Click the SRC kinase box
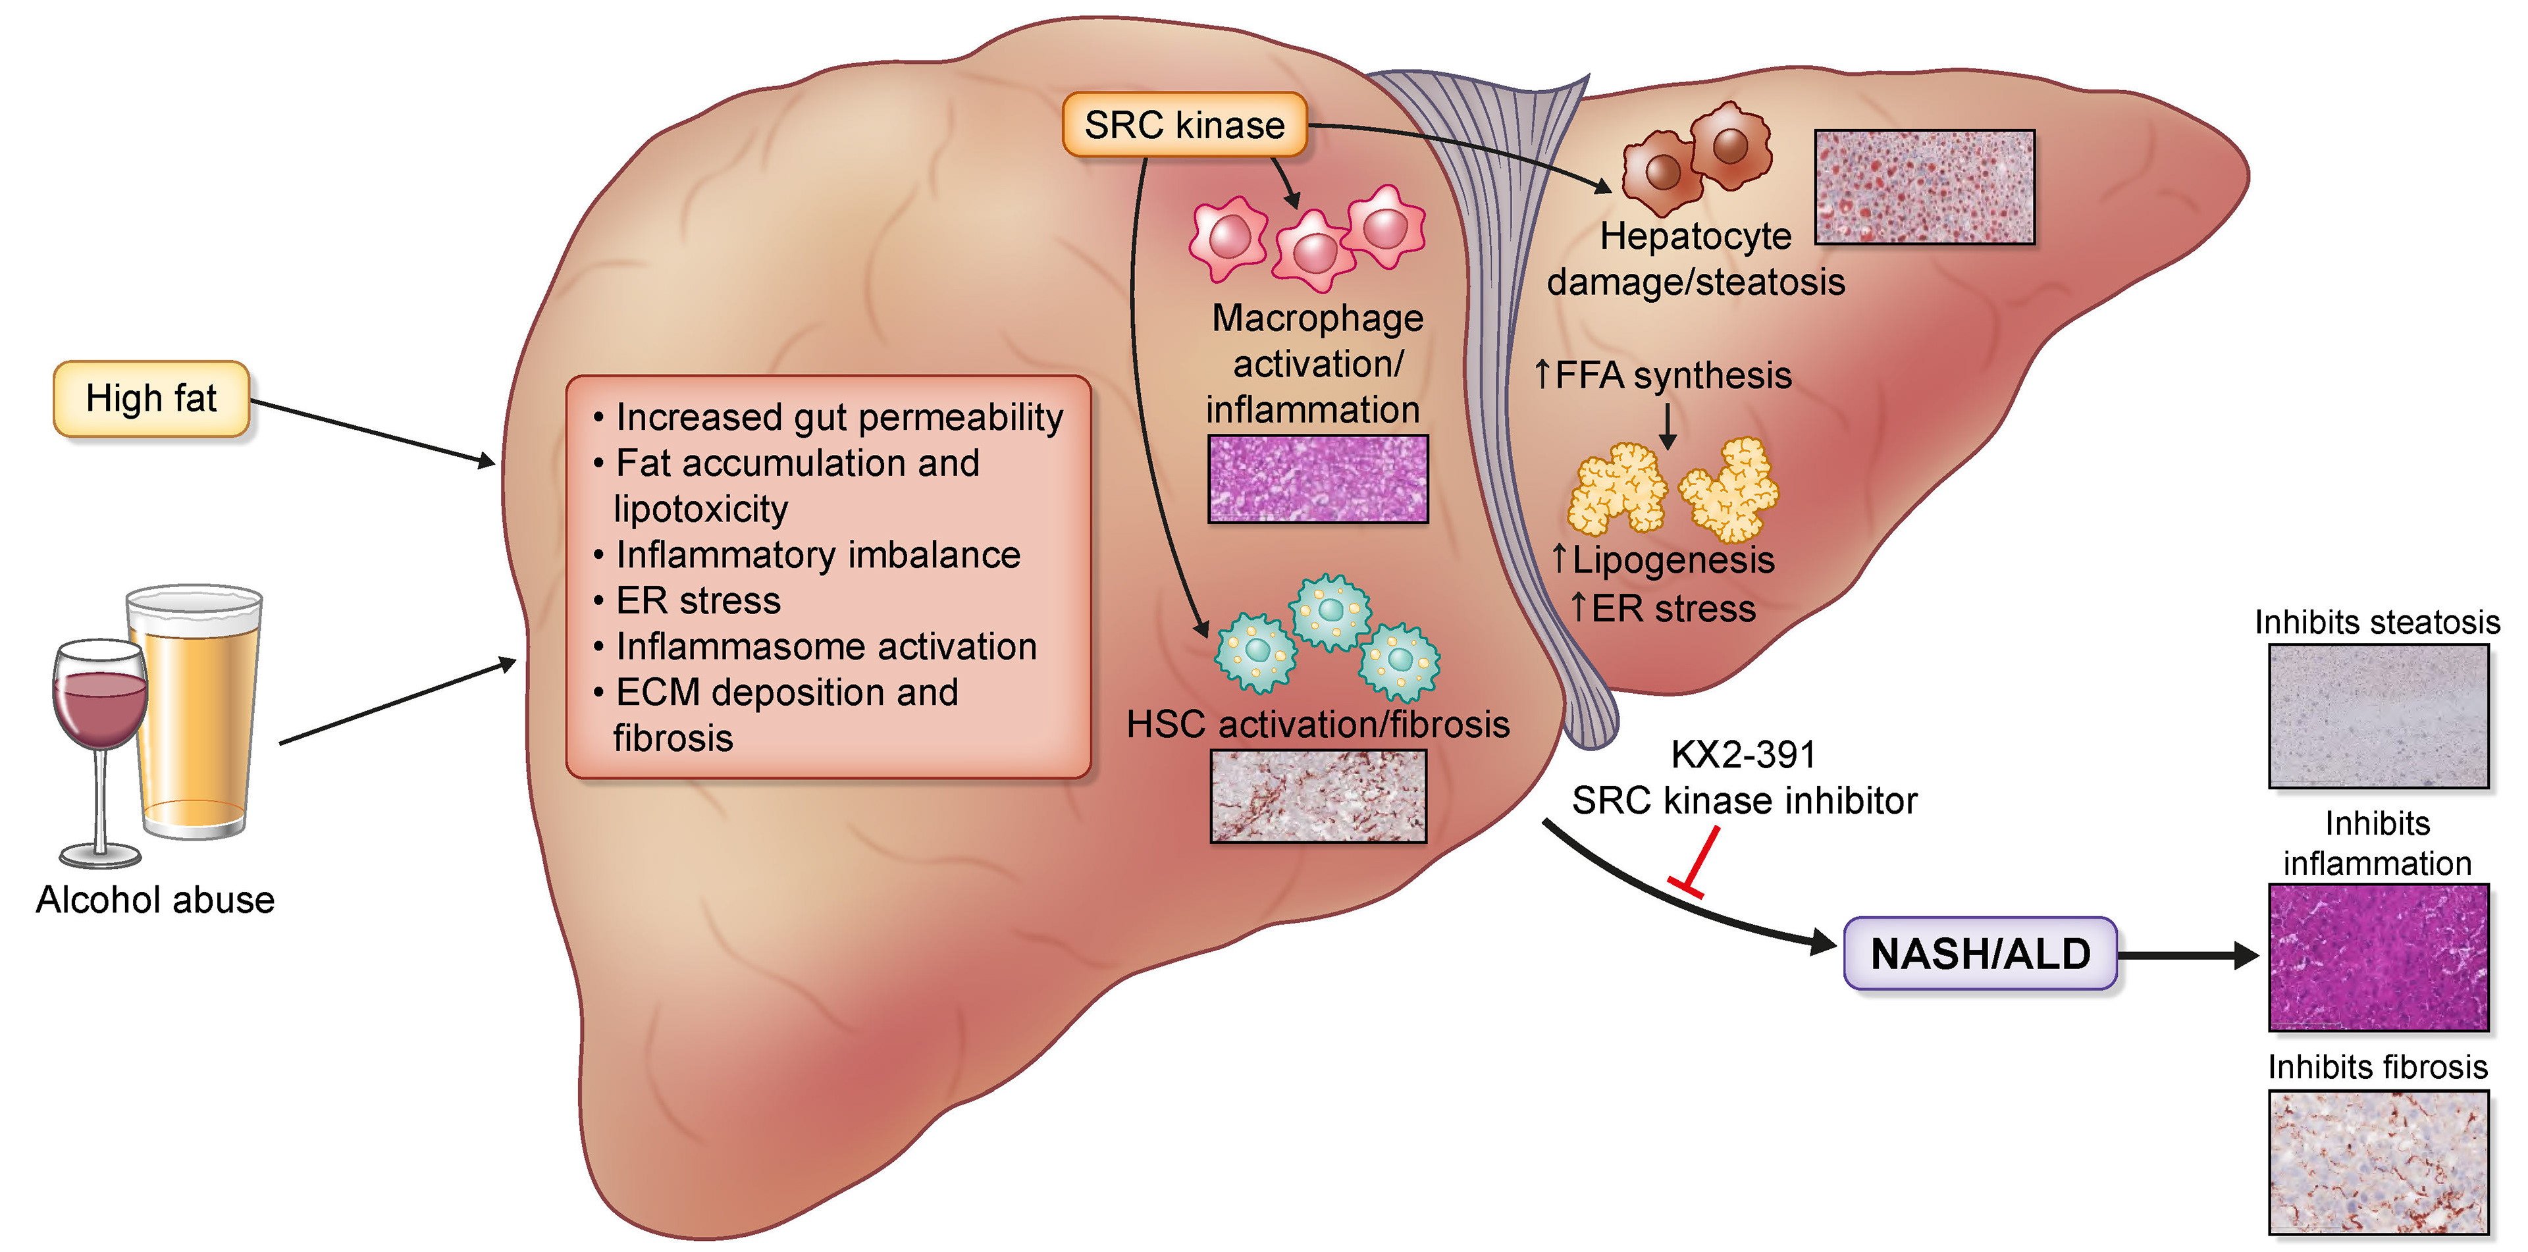1184,124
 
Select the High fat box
151,398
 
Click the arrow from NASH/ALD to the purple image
2188,954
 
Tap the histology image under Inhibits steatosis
2378,716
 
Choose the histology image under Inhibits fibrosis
2378,1162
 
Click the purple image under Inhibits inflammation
2378,956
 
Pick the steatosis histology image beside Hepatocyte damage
1924,186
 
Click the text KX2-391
1743,754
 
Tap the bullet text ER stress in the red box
698,600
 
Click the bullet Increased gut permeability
839,417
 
